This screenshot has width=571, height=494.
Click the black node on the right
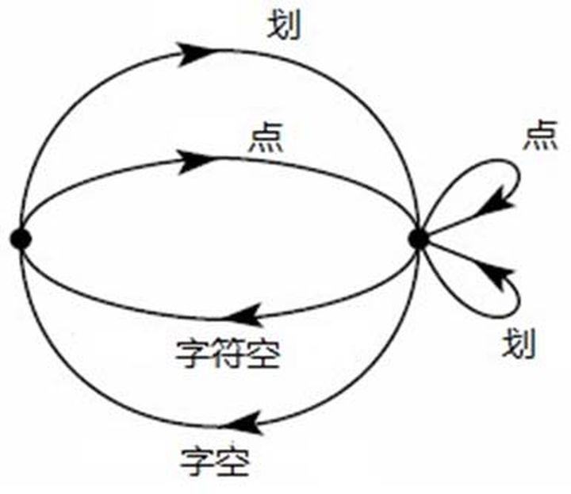418,237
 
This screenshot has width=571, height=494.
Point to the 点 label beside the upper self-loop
540,136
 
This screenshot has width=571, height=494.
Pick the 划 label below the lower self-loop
520,345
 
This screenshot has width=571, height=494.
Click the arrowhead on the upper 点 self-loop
497,201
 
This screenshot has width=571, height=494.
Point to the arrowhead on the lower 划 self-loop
497,274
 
